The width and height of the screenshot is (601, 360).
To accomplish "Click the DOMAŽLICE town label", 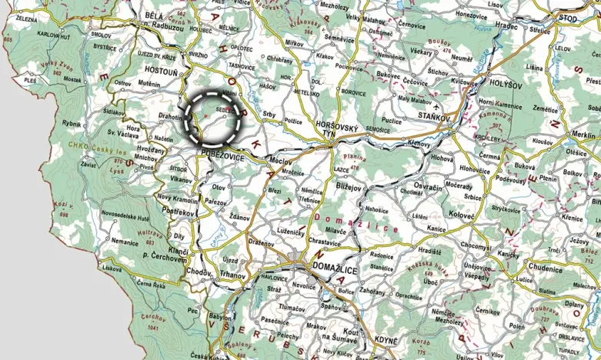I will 336,267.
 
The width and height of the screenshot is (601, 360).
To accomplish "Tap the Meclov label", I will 280,161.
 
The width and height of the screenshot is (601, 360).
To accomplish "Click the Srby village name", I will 269,115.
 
